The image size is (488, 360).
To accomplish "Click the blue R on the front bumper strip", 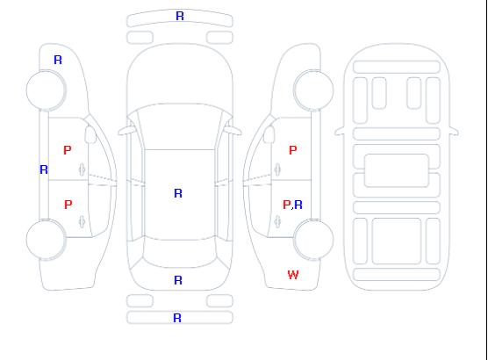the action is pos(180,16).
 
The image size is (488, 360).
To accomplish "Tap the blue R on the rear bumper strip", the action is pos(177,318).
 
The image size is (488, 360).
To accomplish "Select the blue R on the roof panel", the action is pos(178,193).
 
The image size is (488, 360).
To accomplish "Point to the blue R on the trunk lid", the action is pos(178,280).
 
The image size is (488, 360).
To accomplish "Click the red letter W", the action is pos(293,275).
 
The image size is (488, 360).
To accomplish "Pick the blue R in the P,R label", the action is pos(298,205).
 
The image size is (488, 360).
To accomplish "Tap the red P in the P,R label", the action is pos(286,205).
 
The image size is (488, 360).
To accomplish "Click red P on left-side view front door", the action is pos(68,150).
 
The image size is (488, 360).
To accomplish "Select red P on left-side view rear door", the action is pos(68,205).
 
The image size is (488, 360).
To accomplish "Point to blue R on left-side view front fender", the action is pos(58,60).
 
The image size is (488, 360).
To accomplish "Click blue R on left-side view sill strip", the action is pos(44,169).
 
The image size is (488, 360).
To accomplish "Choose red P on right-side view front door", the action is pos(293,150).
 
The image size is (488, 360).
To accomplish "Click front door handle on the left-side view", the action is pos(83,169).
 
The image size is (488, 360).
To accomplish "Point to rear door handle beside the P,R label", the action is pos(277,221).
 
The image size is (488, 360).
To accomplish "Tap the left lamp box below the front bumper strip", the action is pos(140,38).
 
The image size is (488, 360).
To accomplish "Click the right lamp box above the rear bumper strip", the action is pos(219,301).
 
